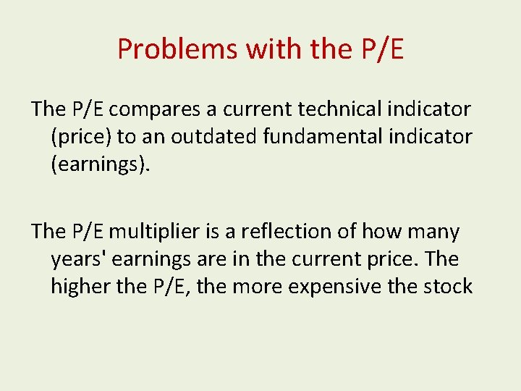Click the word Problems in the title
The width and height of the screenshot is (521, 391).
coord(178,49)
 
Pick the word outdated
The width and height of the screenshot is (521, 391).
coord(214,136)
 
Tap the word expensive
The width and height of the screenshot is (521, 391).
coord(334,287)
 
